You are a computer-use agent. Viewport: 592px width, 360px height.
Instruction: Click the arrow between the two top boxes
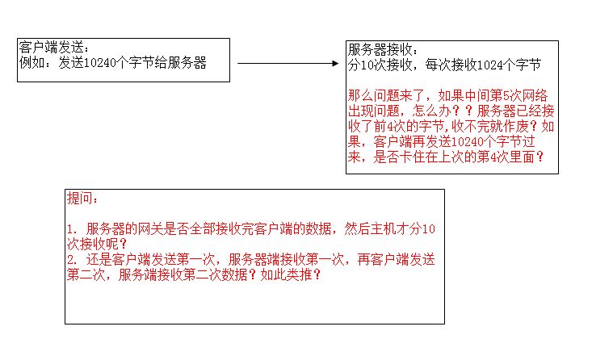point(288,64)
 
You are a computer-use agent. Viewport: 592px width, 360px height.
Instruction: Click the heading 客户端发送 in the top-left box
point(51,48)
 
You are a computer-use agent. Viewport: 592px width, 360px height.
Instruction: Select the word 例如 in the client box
point(31,63)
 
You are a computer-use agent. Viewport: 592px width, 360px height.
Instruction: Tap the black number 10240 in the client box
point(99,63)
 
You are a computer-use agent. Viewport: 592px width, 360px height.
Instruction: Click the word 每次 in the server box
point(438,65)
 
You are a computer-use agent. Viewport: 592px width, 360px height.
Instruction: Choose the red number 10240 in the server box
point(468,142)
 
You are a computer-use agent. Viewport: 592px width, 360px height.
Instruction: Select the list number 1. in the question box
point(72,229)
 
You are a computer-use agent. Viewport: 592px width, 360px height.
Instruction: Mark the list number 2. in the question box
point(72,260)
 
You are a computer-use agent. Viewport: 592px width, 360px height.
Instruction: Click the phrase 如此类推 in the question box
point(286,274)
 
